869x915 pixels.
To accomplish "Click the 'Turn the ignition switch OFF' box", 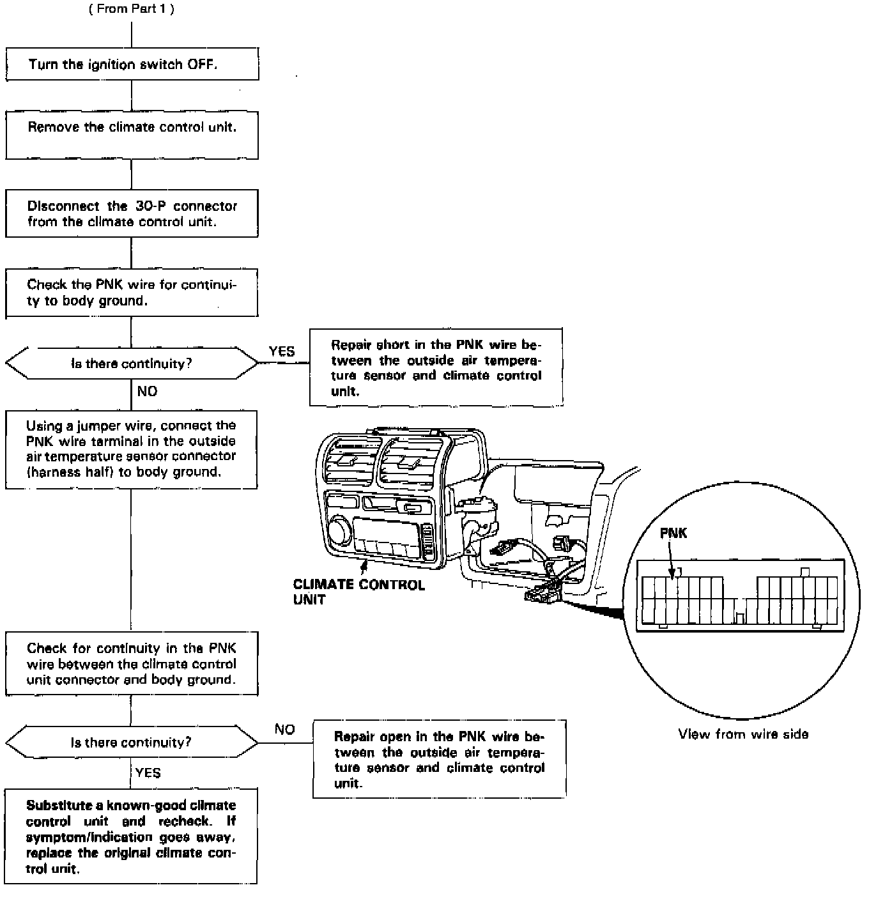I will pyautogui.click(x=132, y=64).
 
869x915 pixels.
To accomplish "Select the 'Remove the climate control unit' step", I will pyautogui.click(x=132, y=135).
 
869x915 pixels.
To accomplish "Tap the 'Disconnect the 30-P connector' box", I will pyautogui.click(x=132, y=213).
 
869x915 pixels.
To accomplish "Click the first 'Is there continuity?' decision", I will pyautogui.click(x=132, y=364).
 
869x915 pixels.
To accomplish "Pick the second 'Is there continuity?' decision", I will pyautogui.click(x=132, y=742).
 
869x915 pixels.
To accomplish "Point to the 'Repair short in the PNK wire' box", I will pyautogui.click(x=436, y=367).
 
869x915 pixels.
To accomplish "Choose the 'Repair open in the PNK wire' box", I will pyautogui.click(x=439, y=759).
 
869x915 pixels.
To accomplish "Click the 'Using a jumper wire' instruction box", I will pyautogui.click(x=132, y=449).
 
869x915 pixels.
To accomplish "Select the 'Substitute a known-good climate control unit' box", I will pyautogui.click(x=131, y=836).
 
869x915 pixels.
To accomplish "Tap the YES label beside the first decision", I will pyautogui.click(x=282, y=351).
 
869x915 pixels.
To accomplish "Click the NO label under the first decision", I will pyautogui.click(x=147, y=391).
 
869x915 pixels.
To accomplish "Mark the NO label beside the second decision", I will pyautogui.click(x=285, y=730).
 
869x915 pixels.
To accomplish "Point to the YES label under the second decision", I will pyautogui.click(x=148, y=773).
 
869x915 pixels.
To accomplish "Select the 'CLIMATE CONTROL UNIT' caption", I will pyautogui.click(x=358, y=592).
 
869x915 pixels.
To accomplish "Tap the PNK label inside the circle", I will pyautogui.click(x=673, y=533).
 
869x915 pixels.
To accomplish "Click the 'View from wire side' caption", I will pyautogui.click(x=743, y=734).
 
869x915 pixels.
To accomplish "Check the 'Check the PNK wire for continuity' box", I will pyautogui.click(x=132, y=293).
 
